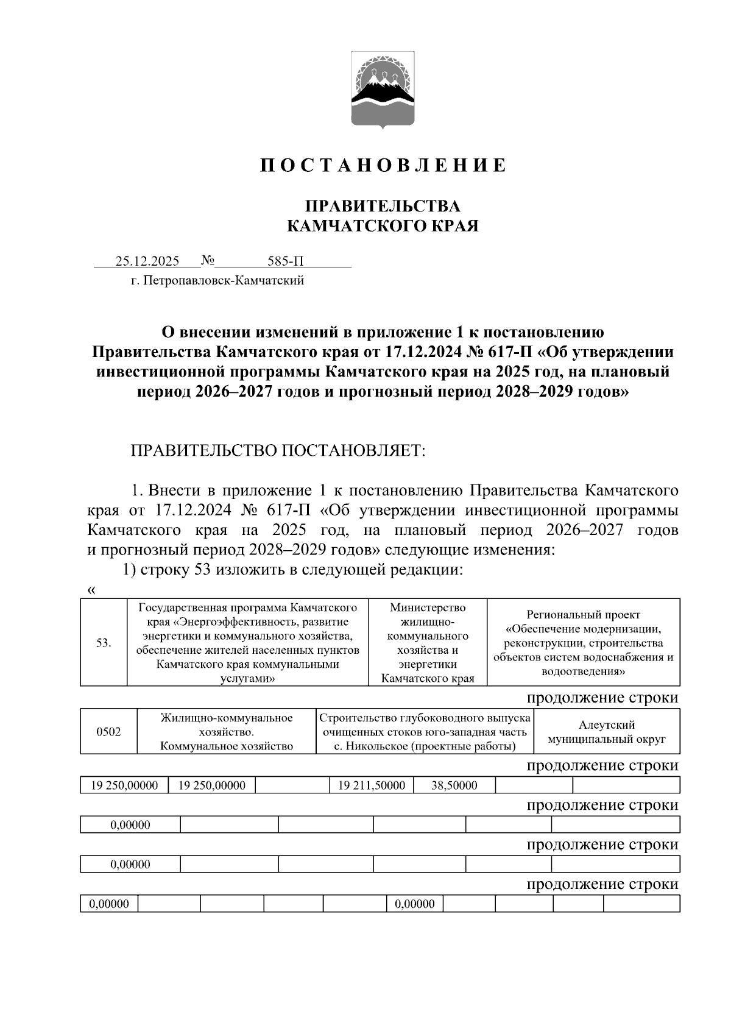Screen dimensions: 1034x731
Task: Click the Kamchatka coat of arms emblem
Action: (383, 91)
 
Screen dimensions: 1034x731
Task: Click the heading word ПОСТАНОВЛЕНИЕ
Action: (383, 166)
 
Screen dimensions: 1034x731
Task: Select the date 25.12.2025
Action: (147, 261)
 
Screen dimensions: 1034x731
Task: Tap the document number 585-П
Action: (285, 261)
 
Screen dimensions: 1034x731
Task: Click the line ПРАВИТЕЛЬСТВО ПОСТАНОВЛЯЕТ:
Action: (277, 451)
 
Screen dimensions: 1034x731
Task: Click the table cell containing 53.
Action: (104, 643)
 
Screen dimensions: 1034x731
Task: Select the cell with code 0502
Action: (108, 732)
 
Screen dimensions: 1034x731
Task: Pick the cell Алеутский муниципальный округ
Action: (606, 732)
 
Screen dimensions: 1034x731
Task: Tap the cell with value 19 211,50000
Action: (371, 785)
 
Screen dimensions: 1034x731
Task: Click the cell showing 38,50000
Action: (454, 785)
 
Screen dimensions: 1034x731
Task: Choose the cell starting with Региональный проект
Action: (583, 643)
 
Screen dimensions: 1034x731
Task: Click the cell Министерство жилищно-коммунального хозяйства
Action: (428, 643)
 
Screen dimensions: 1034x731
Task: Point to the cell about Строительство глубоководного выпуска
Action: (425, 732)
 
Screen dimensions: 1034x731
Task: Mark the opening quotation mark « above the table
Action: (91, 590)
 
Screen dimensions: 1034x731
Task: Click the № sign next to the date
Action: (208, 261)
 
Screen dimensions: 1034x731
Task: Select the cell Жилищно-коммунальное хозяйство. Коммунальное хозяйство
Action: (227, 732)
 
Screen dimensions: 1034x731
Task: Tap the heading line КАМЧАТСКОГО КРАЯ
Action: (383, 227)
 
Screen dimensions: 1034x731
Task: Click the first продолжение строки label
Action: (602, 698)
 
